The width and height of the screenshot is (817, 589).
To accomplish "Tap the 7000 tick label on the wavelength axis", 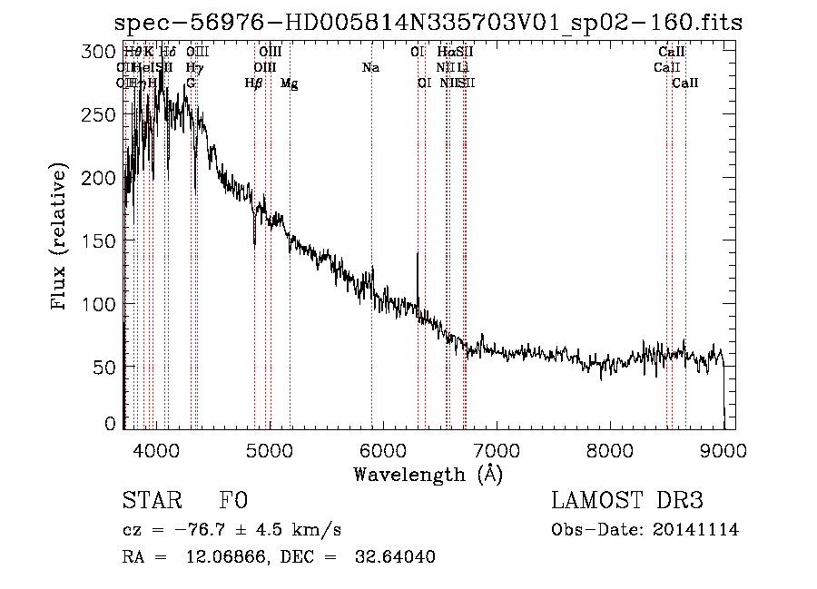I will (496, 449).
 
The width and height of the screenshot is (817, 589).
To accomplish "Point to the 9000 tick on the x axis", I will (723, 449).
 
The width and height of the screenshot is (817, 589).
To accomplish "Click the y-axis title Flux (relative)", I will (61, 238).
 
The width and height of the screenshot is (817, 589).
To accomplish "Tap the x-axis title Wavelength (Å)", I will (428, 473).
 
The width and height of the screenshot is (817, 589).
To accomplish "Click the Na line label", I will (370, 68).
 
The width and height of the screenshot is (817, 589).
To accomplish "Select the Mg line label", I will (289, 83).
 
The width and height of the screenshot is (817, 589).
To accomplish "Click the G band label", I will (191, 83).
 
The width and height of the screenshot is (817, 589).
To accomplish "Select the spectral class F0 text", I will (233, 501).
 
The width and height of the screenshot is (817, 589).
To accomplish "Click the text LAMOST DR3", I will (626, 501).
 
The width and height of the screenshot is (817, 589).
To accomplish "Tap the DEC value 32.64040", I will (395, 557).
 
